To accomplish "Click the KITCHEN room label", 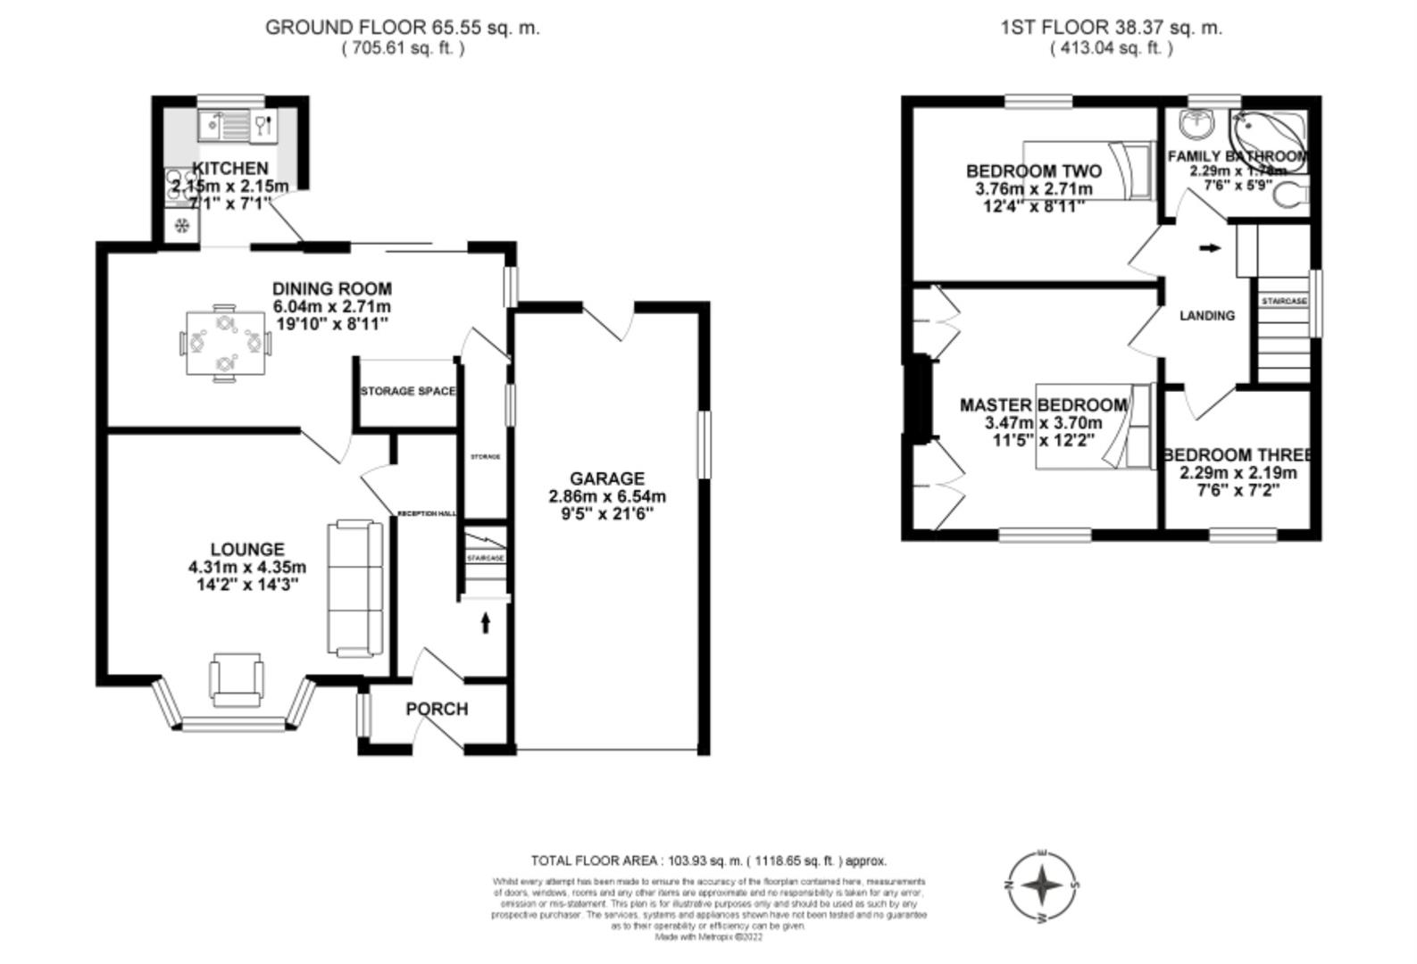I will click(230, 169).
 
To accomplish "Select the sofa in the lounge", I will click(355, 589).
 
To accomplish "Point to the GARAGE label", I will click(607, 479).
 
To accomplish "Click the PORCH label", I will click(437, 710).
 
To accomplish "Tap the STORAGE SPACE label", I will click(407, 392).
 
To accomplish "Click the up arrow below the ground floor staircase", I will click(486, 622).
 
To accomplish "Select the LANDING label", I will click(1207, 316).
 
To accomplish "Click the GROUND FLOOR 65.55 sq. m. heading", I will click(403, 28).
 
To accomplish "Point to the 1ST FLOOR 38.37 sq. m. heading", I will click(1111, 28).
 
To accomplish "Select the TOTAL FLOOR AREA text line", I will click(708, 861).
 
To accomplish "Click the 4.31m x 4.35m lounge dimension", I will click(247, 568).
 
